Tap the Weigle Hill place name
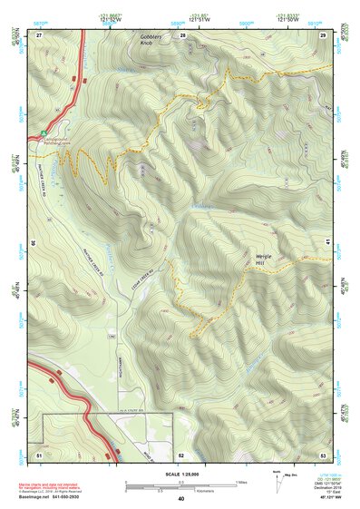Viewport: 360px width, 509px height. (x=263, y=259)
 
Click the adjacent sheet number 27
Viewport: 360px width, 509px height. (x=40, y=34)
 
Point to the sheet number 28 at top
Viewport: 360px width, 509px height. (x=182, y=34)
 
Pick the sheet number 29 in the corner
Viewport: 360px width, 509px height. (x=323, y=34)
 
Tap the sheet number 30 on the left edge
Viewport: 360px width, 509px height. (x=33, y=242)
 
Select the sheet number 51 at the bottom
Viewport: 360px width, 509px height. (x=39, y=453)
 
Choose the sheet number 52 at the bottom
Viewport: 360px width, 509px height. (x=181, y=453)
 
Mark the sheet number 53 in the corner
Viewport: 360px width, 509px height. (x=323, y=453)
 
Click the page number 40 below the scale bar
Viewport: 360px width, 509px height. (x=181, y=499)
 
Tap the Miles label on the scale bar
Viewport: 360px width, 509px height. (x=241, y=482)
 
